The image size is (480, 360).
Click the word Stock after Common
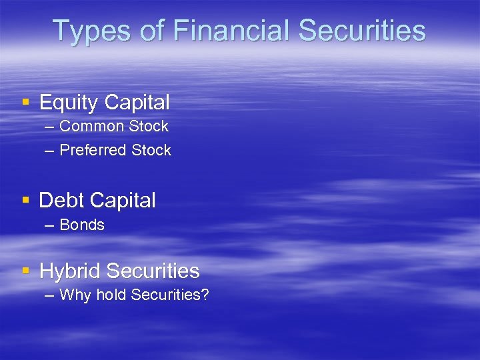[148, 126]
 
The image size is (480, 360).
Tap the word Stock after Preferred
[151, 151]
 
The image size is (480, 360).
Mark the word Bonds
[82, 225]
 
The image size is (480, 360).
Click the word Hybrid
[70, 271]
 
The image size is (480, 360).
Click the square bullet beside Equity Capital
[26, 103]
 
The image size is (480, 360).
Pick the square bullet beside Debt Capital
[26, 200]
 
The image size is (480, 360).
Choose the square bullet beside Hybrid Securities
[26, 271]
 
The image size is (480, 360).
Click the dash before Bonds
[50, 225]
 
